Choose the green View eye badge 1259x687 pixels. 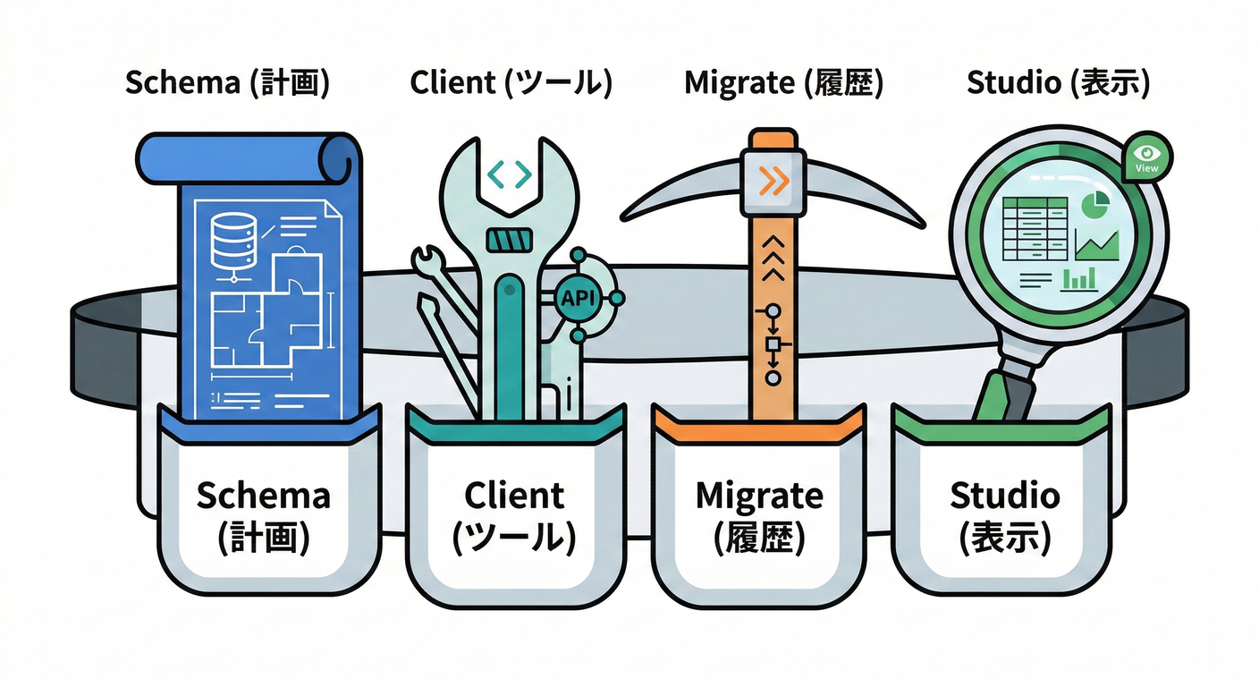pos(1145,159)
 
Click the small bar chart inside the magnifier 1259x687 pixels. pos(1079,280)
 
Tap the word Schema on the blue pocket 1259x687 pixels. pos(263,495)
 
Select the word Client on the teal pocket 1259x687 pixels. pos(514,495)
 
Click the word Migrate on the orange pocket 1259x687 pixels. pos(759,495)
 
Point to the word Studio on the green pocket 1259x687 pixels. pos(1004,495)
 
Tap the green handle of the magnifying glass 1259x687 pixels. pos(1001,394)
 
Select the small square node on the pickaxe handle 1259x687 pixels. pos(773,344)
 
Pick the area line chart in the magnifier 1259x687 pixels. pos(1097,244)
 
